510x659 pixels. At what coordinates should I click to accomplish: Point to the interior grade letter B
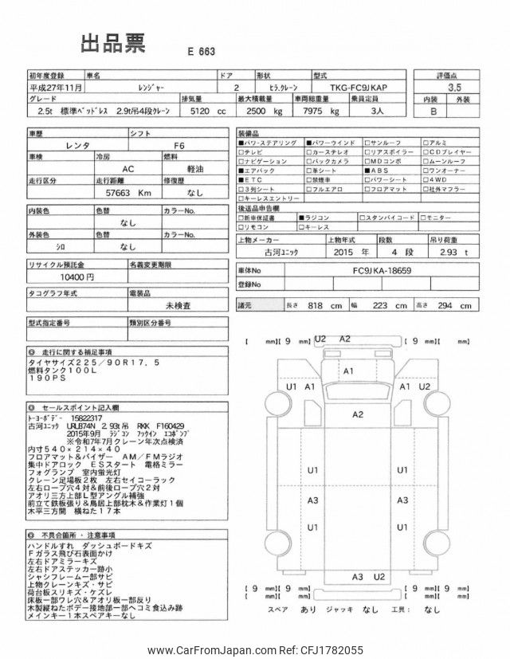[x=433, y=113]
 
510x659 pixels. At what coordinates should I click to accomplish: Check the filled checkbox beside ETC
[x=241, y=180]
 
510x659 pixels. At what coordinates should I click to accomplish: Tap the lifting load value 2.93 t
[x=453, y=252]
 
